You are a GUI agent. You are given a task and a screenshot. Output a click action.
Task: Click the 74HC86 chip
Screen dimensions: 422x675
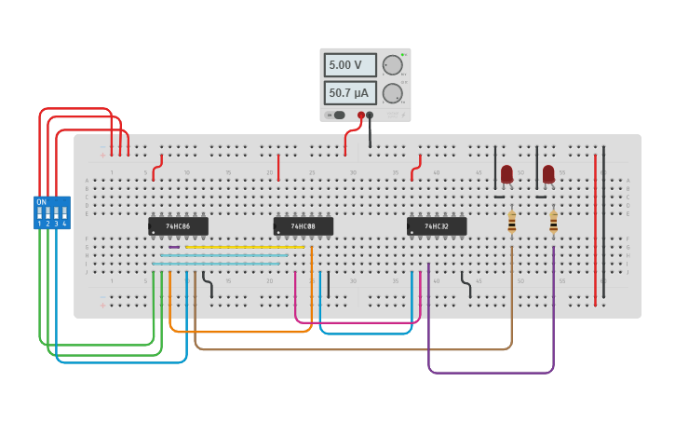coord(178,226)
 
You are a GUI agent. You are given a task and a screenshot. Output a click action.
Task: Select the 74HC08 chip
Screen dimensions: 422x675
coord(303,226)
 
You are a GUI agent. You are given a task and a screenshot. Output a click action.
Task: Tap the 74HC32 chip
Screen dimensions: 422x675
coord(436,226)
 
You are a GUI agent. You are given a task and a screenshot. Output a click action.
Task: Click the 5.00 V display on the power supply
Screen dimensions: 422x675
coord(350,65)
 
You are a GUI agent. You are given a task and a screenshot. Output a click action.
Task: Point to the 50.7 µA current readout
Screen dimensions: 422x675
coord(350,93)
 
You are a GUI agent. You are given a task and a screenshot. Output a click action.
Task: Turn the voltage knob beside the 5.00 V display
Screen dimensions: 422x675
coord(392,65)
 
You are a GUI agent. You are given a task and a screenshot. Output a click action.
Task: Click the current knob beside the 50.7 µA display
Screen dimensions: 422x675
coord(392,93)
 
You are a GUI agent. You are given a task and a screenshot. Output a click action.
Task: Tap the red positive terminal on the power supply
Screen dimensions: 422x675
coord(361,116)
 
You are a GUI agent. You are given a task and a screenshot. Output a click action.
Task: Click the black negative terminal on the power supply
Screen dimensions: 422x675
coord(370,116)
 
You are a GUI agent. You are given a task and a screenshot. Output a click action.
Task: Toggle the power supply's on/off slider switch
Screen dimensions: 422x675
coord(336,116)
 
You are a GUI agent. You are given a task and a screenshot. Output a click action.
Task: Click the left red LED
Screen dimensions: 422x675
coord(506,174)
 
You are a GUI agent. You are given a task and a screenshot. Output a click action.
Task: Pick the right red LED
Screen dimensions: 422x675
coord(548,174)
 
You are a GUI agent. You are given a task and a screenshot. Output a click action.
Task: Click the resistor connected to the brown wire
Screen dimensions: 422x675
coord(511,222)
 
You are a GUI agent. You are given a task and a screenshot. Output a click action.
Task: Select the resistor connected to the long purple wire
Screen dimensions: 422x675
coord(553,222)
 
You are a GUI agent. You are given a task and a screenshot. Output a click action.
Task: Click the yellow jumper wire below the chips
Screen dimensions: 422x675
coord(245,247)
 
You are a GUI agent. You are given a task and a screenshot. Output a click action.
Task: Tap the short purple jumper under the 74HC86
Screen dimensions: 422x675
coord(174,247)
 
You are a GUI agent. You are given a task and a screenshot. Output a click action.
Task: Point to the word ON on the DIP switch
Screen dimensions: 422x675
coord(41,201)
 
